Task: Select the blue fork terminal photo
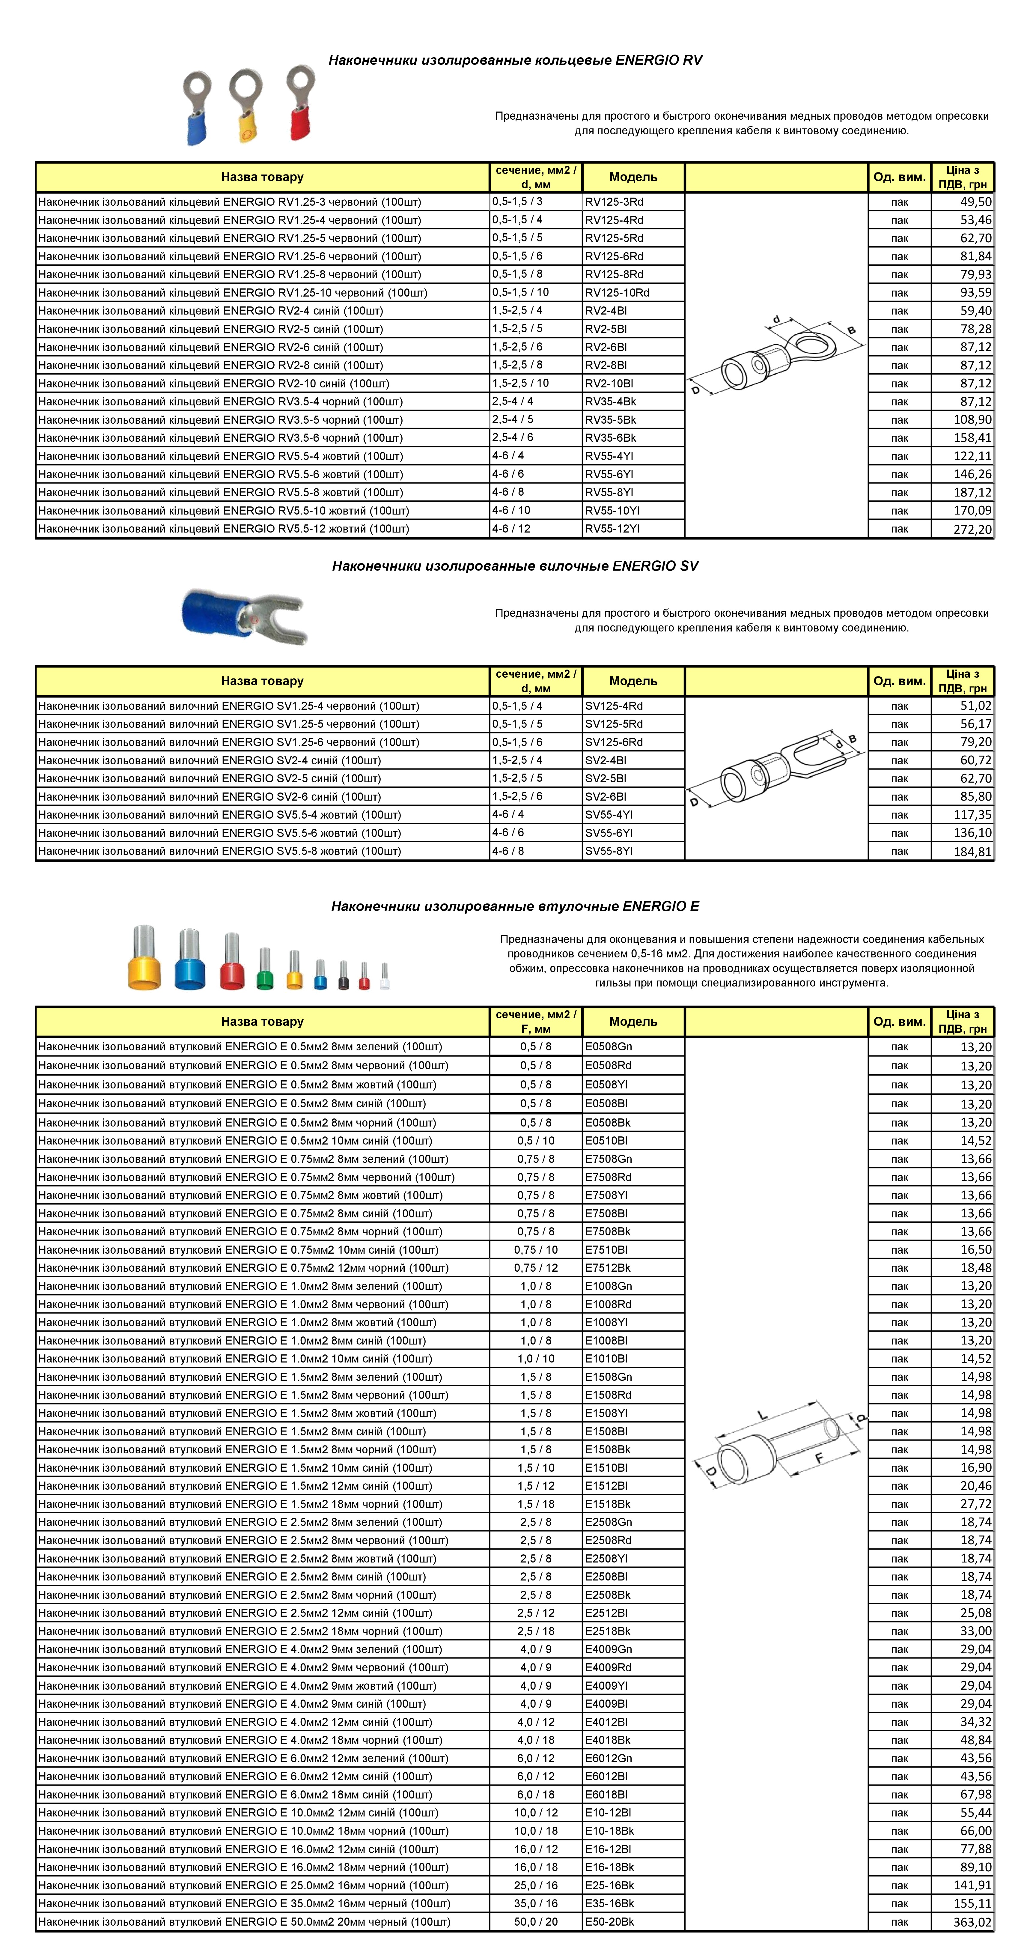(242, 615)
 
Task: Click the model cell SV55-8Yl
(609, 851)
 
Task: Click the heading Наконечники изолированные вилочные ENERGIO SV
(515, 566)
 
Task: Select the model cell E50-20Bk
(610, 1922)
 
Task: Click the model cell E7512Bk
(607, 1268)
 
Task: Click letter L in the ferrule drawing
(762, 1415)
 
